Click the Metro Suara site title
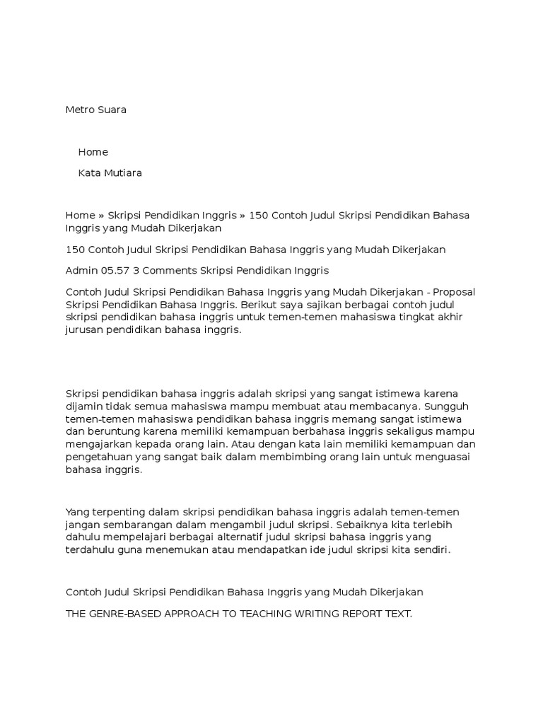(x=96, y=110)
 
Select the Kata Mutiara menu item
(x=110, y=173)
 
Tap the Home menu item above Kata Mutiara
(x=93, y=152)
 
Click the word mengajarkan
(x=98, y=444)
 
